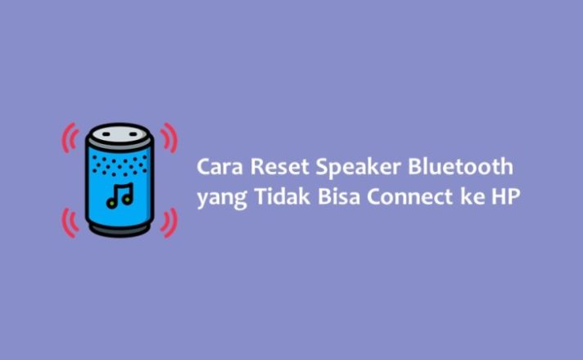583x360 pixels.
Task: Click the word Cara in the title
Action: pyautogui.click(x=219, y=167)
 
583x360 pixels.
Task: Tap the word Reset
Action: pyautogui.click(x=279, y=167)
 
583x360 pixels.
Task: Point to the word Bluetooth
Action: pyautogui.click(x=460, y=166)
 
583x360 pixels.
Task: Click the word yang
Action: pyautogui.click(x=222, y=199)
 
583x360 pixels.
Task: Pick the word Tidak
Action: pyautogui.click(x=282, y=196)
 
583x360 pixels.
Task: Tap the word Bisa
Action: pyautogui.click(x=339, y=196)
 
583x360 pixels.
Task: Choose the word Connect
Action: pyautogui.click(x=409, y=196)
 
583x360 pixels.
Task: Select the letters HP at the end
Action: pyautogui.click(x=506, y=196)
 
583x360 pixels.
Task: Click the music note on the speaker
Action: pyautogui.click(x=120, y=196)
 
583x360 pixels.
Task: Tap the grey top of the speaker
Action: pyautogui.click(x=120, y=134)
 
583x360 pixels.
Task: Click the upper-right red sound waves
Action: pyautogui.click(x=169, y=137)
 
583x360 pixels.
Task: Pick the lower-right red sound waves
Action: pyautogui.click(x=169, y=223)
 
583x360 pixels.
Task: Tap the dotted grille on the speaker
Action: pyautogui.click(x=120, y=165)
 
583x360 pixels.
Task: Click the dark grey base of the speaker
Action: pyautogui.click(x=120, y=231)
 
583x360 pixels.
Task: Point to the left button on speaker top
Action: pyautogui.click(x=106, y=133)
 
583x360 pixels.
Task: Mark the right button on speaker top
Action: pyautogui.click(x=133, y=133)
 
